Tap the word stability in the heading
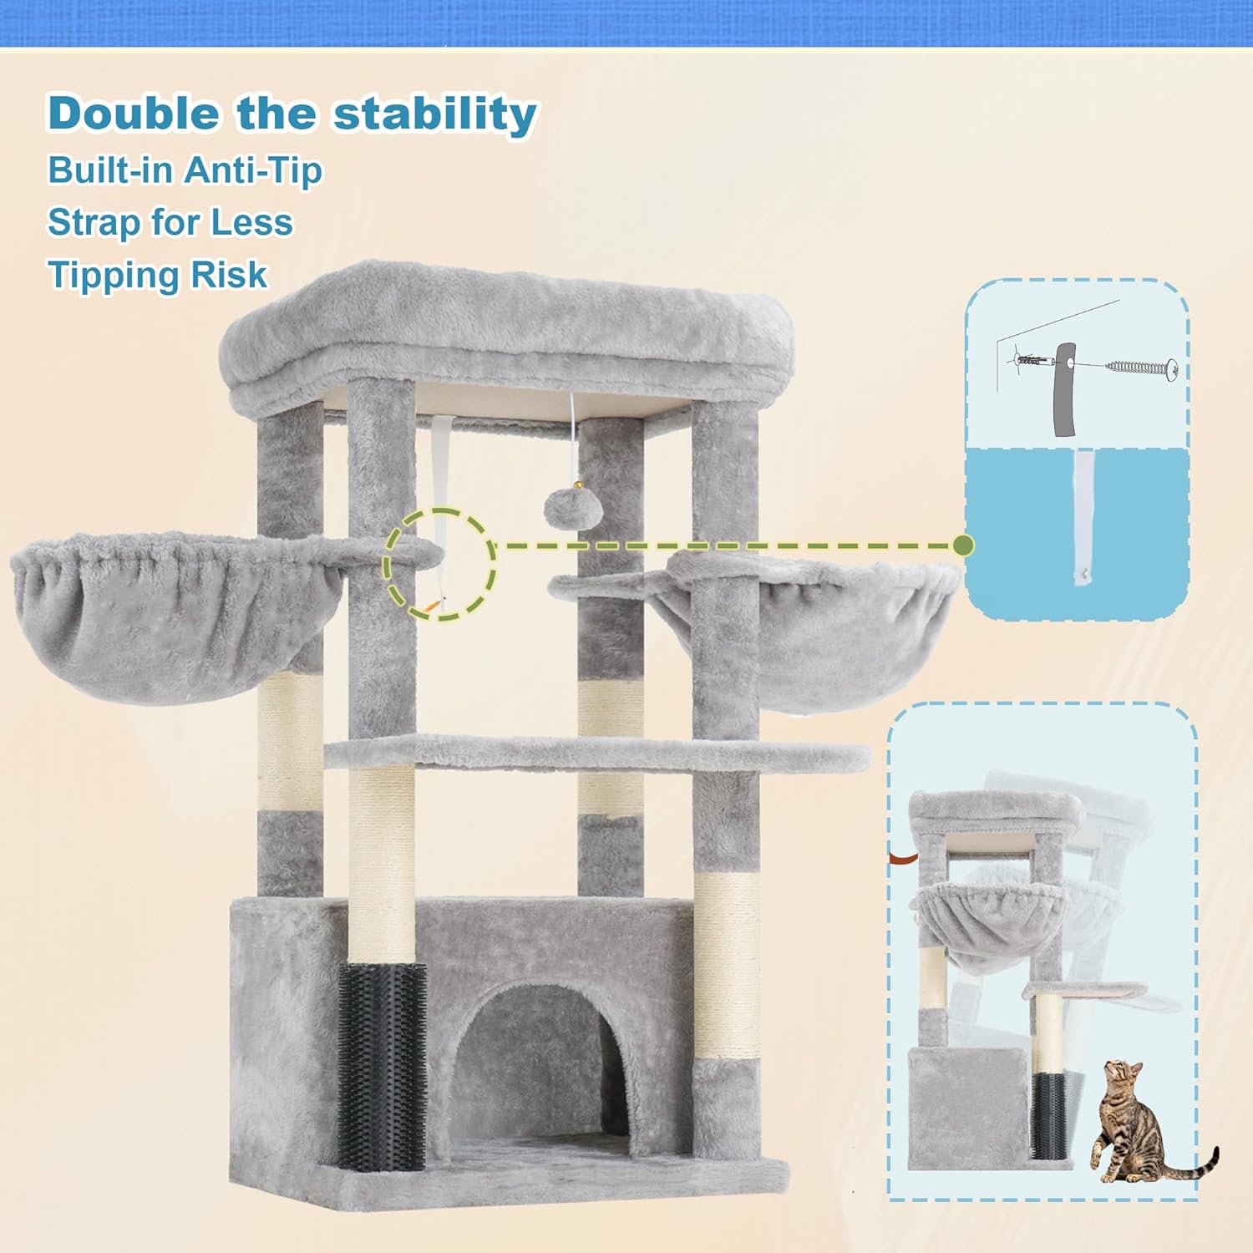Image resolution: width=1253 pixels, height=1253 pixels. (435, 114)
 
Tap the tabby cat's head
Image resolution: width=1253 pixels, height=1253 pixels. (1123, 1074)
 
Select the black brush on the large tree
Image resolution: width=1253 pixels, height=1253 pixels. (382, 1065)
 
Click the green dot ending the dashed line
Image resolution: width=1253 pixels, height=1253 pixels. (963, 546)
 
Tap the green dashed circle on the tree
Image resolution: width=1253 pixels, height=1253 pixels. (439, 565)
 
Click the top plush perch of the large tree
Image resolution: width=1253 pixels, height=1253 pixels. (505, 330)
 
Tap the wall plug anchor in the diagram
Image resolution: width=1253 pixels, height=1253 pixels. (1033, 361)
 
